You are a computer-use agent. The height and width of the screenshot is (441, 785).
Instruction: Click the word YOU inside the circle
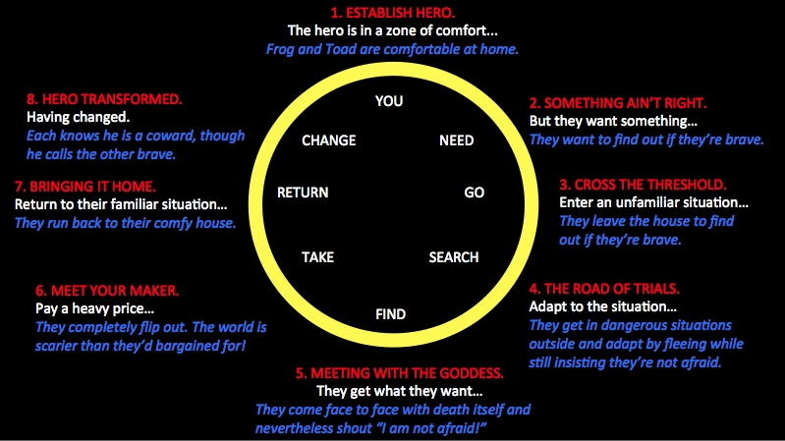point(389,101)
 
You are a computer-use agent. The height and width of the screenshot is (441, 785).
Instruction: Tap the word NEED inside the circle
point(456,140)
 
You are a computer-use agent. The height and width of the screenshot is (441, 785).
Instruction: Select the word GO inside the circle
point(475,193)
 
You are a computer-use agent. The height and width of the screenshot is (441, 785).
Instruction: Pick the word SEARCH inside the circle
point(454,257)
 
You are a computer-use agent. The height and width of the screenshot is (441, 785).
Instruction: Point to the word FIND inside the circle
point(390,314)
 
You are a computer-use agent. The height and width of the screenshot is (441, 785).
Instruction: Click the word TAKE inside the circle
point(317,257)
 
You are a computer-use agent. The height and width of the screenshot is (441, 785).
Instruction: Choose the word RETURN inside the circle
point(303,193)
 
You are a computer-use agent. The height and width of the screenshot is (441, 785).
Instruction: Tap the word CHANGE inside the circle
point(328,140)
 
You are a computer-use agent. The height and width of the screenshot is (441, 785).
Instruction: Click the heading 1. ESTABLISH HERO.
point(393,13)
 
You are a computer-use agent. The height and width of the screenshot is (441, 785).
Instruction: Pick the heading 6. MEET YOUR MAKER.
point(107,291)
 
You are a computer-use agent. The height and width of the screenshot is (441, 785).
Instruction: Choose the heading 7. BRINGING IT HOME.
point(85,186)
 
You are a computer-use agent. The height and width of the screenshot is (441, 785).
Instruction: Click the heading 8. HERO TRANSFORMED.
point(104,99)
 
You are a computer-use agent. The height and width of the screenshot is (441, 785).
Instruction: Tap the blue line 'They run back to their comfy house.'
point(125,223)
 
